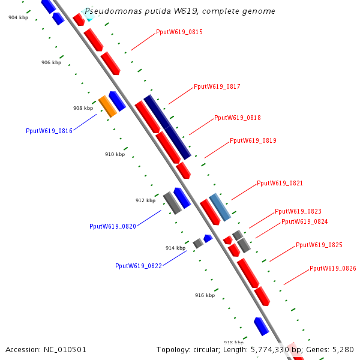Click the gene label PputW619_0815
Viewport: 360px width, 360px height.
pos(179,32)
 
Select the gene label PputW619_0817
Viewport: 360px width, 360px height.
pos(217,87)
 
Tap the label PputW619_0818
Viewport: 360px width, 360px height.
pos(237,118)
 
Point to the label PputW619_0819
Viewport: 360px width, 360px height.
pos(253,140)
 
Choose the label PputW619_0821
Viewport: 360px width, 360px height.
pos(280,183)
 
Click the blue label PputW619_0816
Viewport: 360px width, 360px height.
pos(49,131)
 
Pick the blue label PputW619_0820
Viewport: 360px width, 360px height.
pos(113,226)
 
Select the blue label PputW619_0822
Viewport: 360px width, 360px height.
pos(139,266)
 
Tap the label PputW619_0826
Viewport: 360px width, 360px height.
pos(332,268)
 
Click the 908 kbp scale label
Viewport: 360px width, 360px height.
pos(83,109)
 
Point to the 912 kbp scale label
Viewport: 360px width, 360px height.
pos(145,200)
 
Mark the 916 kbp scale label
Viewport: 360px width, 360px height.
pos(205,295)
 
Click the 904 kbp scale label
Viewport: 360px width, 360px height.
pos(18,17)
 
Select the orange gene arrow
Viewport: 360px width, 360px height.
pos(107,106)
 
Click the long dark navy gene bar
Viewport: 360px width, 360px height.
pos(167,127)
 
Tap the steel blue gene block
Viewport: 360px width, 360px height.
pos(220,207)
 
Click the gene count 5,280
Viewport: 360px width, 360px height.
pos(343,349)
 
